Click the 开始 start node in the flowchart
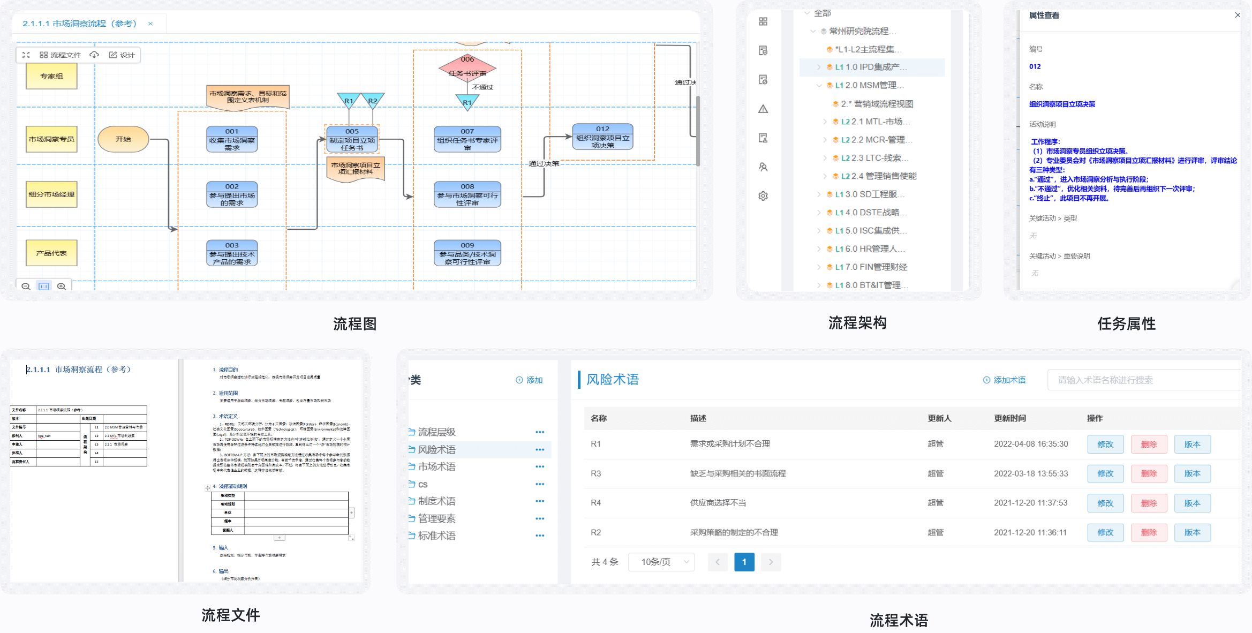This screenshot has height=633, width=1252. point(123,139)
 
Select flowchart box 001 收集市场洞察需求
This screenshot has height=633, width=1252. point(232,140)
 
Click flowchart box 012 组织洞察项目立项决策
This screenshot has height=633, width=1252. point(602,137)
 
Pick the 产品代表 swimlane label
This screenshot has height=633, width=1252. point(51,253)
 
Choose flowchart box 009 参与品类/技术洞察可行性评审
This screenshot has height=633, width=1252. point(467,254)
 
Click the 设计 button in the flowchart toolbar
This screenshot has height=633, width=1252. point(122,55)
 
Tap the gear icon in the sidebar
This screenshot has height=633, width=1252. point(763,196)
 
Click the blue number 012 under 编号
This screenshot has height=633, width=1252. point(1035,67)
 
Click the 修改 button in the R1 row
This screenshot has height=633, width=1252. point(1105,444)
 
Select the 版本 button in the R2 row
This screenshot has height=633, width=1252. point(1192,532)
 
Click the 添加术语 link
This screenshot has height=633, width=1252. point(1004,380)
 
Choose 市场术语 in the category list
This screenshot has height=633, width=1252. point(436,467)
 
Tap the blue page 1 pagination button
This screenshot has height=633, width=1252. point(744,562)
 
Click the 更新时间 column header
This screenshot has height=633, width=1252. point(1009,418)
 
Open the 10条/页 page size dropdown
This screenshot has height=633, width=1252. point(661,562)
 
